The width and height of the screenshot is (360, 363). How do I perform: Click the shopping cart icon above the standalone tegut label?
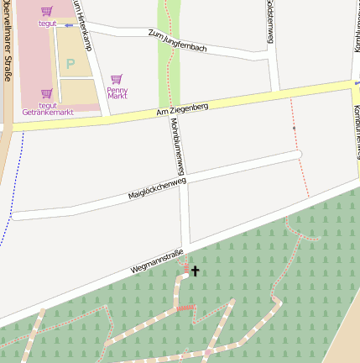pos(46,12)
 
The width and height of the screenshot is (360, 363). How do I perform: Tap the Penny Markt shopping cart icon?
pos(116,79)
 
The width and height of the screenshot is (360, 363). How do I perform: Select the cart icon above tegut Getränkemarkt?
pos(46,94)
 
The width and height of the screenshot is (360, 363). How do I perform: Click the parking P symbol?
pos(70,64)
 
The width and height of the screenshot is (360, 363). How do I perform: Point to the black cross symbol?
pos(196,271)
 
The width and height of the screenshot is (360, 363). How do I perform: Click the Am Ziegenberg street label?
pos(181,108)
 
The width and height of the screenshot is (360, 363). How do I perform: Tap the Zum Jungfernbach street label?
pos(176,40)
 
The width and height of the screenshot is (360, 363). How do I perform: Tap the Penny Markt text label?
pos(117,92)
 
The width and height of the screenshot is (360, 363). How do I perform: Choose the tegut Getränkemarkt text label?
pos(48,108)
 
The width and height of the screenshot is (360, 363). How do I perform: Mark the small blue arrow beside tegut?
pos(69,25)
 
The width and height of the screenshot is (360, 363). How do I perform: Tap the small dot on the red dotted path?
pos(295,129)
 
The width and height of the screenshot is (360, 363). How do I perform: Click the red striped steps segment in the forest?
pos(185,308)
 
